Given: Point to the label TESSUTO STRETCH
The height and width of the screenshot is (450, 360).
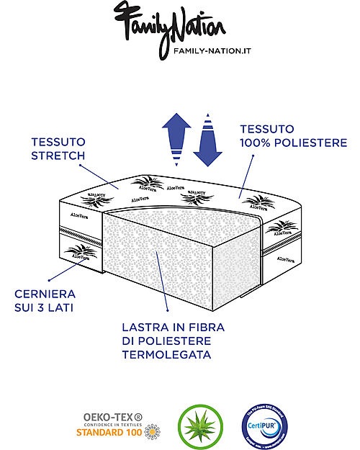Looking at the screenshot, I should click(59, 148).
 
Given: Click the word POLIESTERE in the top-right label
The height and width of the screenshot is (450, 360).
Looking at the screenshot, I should click(302, 143).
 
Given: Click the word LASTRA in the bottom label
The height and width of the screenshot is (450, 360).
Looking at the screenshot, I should click(146, 328).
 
